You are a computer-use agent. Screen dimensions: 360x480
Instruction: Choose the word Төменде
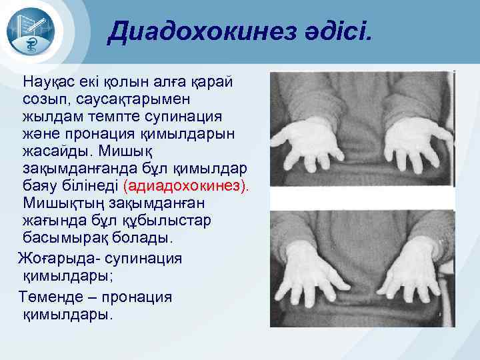(49, 296)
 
